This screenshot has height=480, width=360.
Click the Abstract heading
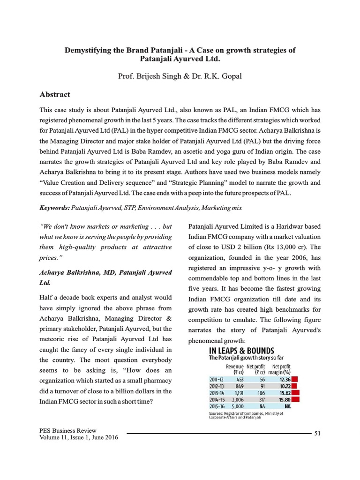click(55, 94)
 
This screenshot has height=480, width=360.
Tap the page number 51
click(317, 433)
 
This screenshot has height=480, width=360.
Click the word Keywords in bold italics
click(54, 207)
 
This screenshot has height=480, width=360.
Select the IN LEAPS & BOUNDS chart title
click(241, 351)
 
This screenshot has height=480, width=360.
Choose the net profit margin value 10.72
click(282, 386)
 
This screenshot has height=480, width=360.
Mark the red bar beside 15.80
click(295, 399)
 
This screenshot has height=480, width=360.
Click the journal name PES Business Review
click(68, 430)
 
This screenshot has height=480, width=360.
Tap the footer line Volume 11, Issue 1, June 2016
click(79, 437)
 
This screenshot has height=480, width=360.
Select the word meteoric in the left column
click(54, 339)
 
